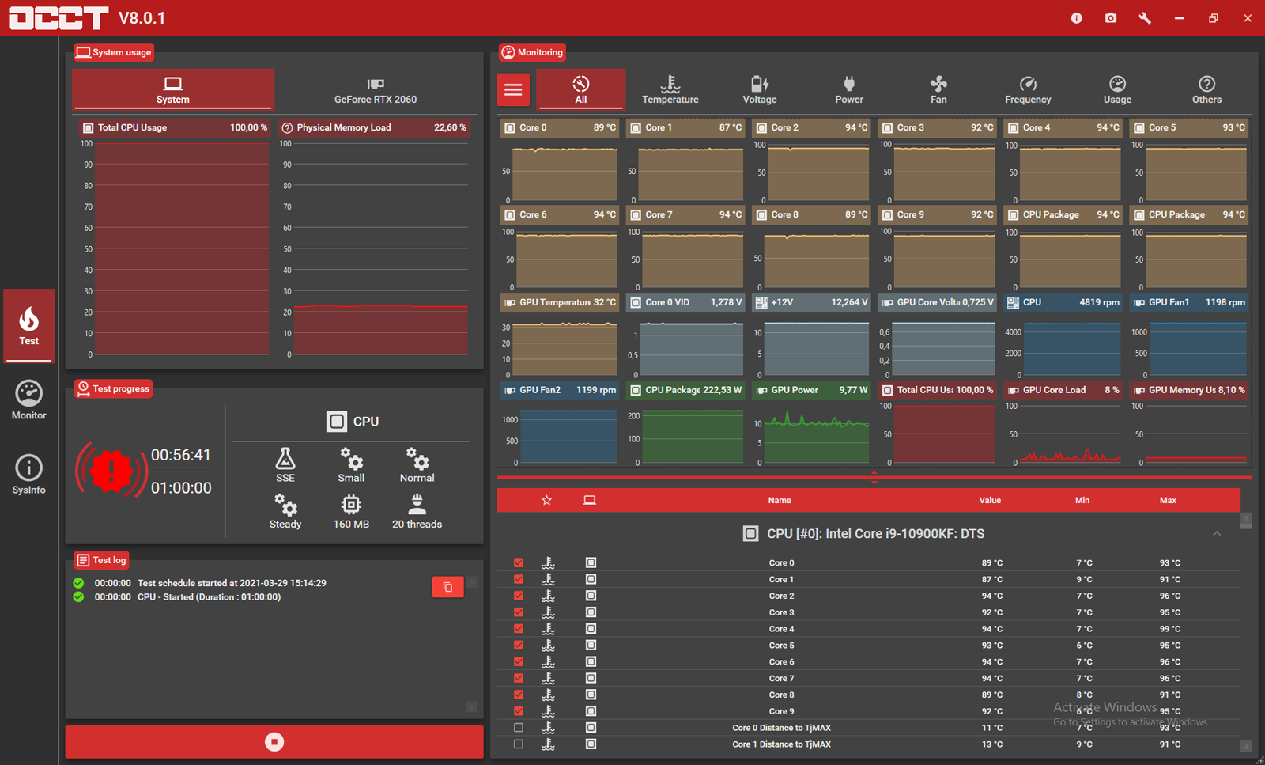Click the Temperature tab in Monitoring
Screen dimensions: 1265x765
coord(670,89)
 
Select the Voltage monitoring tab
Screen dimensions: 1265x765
coord(760,89)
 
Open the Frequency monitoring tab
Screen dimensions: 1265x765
coord(1028,89)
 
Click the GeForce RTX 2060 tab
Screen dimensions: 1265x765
coord(376,89)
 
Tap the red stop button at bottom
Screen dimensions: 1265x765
coord(274,741)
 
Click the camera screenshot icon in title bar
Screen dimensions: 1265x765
coord(1110,18)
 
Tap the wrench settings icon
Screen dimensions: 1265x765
coord(1145,18)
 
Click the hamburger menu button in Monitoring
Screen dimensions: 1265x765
coord(513,89)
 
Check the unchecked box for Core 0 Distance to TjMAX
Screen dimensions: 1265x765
coord(519,728)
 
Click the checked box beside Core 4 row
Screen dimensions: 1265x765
coord(519,629)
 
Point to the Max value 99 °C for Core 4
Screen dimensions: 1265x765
coord(1169,629)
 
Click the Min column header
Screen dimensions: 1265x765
coord(1082,500)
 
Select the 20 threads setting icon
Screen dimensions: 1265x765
coord(417,504)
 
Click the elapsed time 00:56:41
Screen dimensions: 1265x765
coord(181,455)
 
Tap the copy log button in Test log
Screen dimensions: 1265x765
coord(447,587)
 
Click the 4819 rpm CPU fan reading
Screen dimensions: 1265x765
coord(1099,302)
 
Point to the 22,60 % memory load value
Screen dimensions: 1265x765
coord(450,127)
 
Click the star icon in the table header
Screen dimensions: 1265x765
coord(546,500)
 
